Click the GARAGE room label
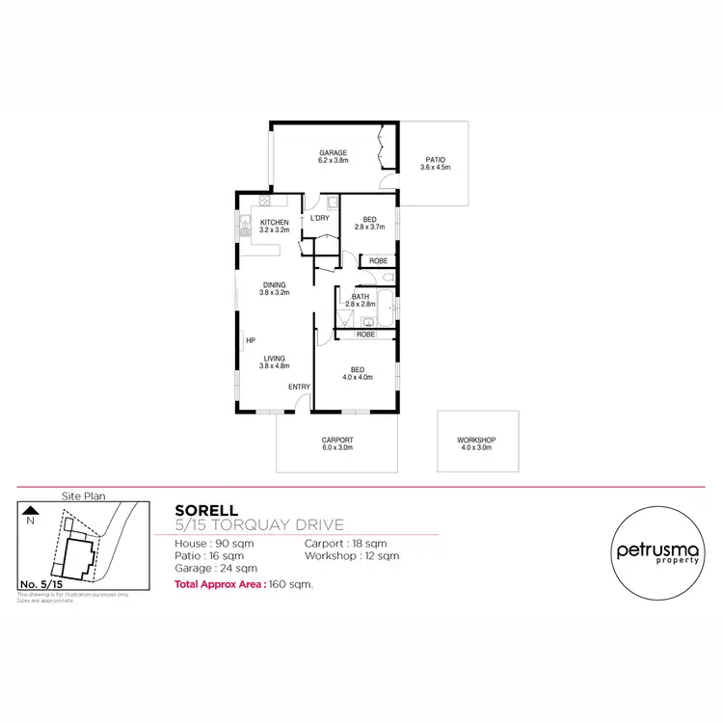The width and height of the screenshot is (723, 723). tap(334, 152)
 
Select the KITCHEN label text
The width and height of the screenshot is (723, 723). tap(275, 223)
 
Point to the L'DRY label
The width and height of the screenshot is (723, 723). tap(319, 218)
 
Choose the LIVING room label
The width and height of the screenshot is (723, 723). tap(275, 358)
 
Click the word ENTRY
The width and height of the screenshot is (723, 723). tap(299, 387)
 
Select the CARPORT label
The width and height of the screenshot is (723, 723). tap(336, 441)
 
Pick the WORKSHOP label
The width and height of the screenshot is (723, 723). tap(475, 441)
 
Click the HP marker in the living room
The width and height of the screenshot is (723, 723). tap(250, 340)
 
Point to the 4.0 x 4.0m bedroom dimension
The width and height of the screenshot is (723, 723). tap(357, 377)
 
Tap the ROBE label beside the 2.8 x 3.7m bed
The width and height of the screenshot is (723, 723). tap(378, 261)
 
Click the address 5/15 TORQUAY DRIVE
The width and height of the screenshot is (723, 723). tap(259, 524)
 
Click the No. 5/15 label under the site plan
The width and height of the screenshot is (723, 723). tap(40, 584)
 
